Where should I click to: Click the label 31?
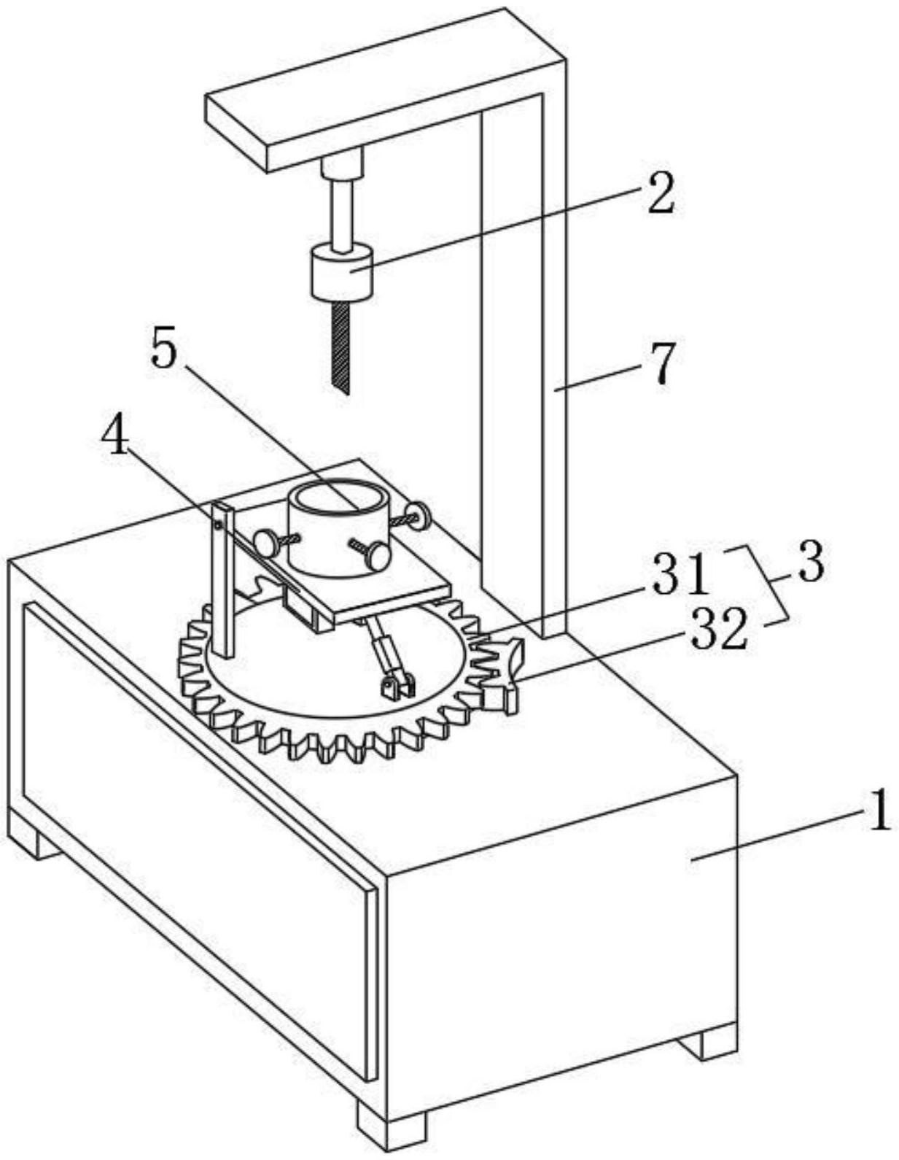click(679, 575)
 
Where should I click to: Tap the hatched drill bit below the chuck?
click(340, 347)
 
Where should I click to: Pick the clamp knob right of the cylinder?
click(419, 516)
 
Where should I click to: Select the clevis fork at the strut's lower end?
click(397, 685)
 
